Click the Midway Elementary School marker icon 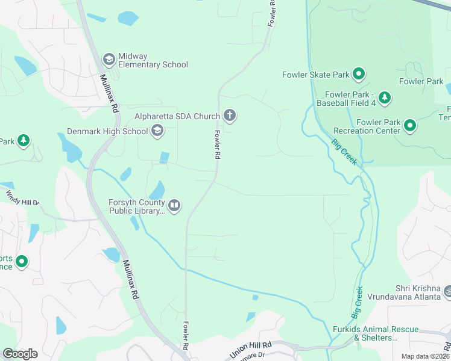coord(109,58)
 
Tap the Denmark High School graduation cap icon coord(157,131)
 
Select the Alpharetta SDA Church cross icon coord(229,115)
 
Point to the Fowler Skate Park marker coord(359,75)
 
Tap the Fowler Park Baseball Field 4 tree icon coord(384,97)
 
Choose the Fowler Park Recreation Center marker coord(410,126)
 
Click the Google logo coord(20,353)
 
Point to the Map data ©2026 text coord(424,356)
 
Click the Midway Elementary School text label coord(153,60)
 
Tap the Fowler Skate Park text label coord(316,75)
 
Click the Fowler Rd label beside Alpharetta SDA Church coord(216,144)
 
